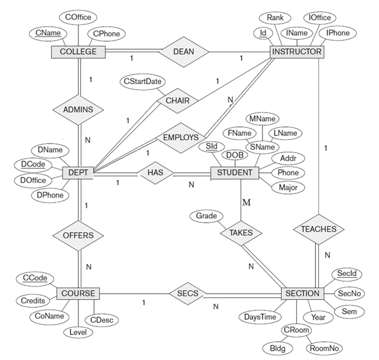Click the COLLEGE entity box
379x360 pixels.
[78, 52]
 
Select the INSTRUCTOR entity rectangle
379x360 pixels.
[296, 52]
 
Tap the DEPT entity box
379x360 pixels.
[79, 173]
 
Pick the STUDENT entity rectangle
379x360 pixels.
[234, 173]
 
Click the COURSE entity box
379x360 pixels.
[78, 293]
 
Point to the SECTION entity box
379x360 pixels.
[301, 293]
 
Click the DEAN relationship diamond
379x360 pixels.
[183, 52]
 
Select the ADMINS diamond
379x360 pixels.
[79, 110]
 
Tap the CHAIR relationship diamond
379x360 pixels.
[177, 100]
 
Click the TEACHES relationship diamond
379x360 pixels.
[318, 229]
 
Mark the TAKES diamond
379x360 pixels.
[241, 232]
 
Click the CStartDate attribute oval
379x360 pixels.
[142, 81]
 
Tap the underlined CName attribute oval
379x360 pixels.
[47, 32]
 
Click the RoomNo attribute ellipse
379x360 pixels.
[324, 348]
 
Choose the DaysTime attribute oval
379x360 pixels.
[261, 317]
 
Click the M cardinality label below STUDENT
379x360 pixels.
[246, 202]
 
